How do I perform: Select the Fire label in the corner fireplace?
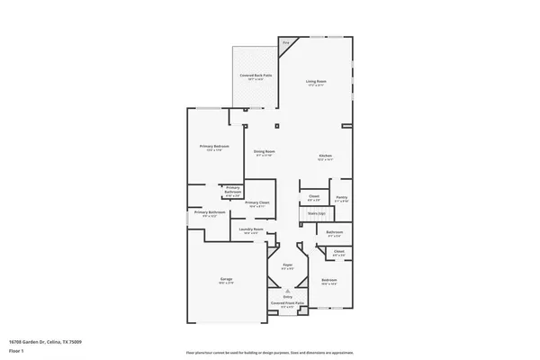(286, 42)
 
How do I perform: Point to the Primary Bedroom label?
(214, 146)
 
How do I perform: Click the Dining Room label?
(264, 151)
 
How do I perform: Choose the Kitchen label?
(326, 156)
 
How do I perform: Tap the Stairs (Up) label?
(315, 213)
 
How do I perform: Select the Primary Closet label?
(257, 202)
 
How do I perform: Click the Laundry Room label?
(251, 229)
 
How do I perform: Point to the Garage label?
(227, 279)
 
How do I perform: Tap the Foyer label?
(288, 265)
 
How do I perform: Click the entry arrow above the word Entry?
(288, 291)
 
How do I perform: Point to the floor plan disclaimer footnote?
(269, 351)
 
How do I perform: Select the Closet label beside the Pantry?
(314, 196)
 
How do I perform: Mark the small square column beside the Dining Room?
(277, 124)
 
